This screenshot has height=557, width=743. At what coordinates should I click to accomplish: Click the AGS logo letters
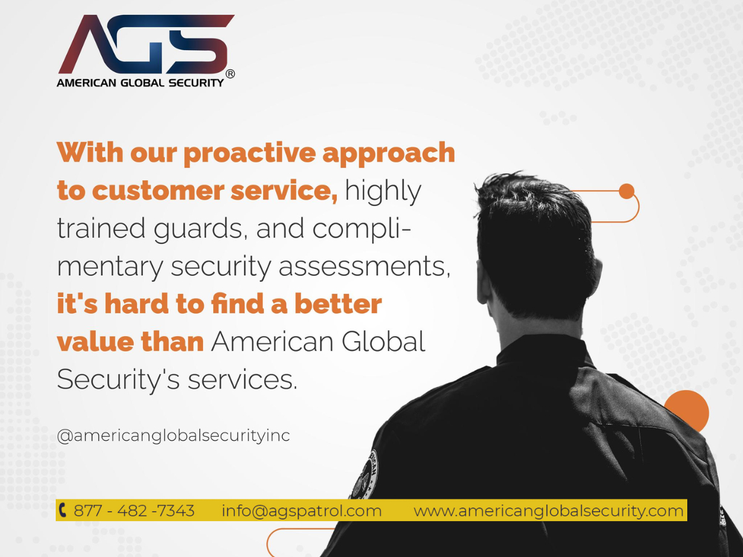[146, 45]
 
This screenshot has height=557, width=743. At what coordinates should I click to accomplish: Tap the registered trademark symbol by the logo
[230, 74]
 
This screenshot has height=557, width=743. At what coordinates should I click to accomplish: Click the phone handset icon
[63, 511]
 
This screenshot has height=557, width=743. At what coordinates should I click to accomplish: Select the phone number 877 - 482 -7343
[134, 511]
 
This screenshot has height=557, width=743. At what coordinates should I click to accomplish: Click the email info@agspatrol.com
[302, 511]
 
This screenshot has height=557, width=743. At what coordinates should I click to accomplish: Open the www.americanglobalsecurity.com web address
[549, 511]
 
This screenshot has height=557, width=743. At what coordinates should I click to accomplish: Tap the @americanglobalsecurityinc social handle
[173, 436]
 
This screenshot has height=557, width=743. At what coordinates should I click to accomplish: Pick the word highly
[383, 192]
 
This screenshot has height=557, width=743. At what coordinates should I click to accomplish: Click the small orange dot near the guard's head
[627, 191]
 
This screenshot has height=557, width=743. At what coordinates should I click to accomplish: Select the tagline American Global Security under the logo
[141, 82]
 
